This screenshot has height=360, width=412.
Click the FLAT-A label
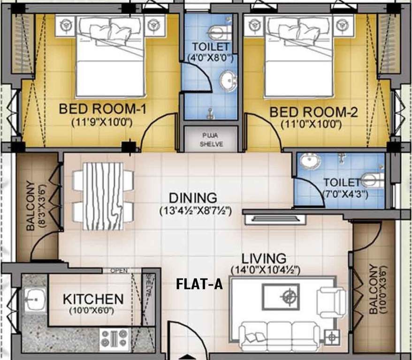[199, 284]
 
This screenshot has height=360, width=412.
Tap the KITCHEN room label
[93, 299]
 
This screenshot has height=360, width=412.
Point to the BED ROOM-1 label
[103, 110]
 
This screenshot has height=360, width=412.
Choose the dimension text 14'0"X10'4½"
[265, 270]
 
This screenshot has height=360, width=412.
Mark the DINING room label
[193, 198]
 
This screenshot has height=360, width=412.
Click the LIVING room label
[264, 258]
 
